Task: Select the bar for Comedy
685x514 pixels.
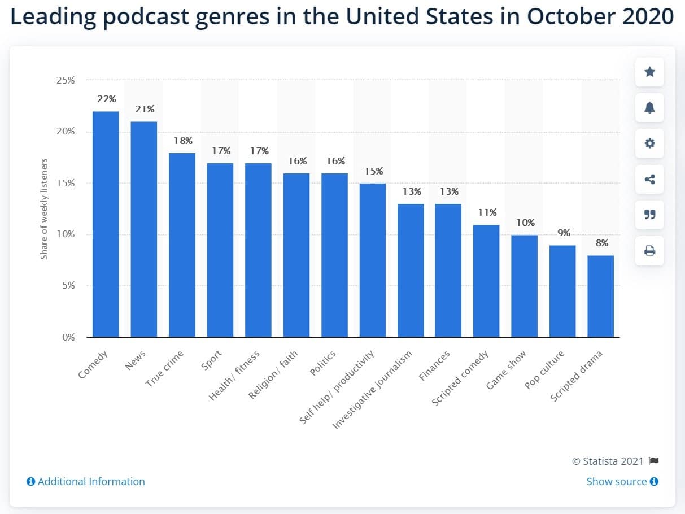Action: (106, 224)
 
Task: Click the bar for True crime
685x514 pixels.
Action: (182, 245)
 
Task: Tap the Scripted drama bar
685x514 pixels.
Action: (600, 296)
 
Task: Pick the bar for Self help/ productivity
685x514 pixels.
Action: (373, 260)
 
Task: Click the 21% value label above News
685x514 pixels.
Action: (144, 109)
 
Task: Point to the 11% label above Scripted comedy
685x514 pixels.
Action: (486, 212)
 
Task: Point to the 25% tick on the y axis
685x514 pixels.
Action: (66, 80)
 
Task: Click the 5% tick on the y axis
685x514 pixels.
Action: (68, 286)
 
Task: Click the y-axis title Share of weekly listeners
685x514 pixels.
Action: (44, 209)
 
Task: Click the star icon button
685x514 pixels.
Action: (649, 72)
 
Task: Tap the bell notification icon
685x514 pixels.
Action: (649, 108)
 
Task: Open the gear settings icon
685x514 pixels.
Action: (649, 143)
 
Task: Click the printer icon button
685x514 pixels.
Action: (649, 251)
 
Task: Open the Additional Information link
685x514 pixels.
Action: (86, 481)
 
